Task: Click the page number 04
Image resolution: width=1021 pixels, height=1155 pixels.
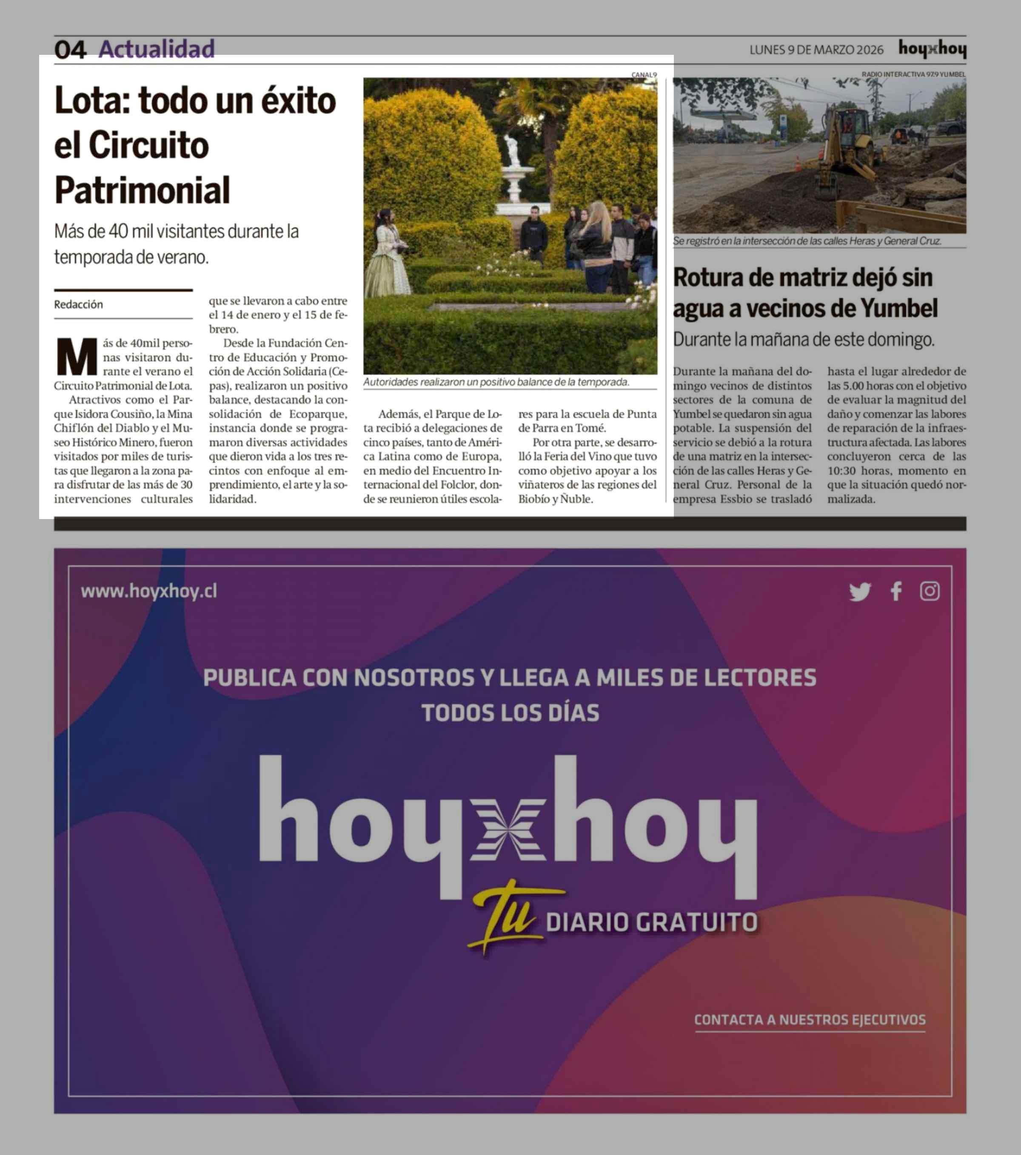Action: (x=70, y=50)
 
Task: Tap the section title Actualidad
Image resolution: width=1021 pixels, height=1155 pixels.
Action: (x=157, y=49)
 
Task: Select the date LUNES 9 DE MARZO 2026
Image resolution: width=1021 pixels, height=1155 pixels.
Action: (x=816, y=50)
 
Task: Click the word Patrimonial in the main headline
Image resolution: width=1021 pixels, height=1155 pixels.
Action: (x=142, y=190)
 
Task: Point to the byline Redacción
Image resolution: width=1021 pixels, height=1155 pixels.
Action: (x=79, y=304)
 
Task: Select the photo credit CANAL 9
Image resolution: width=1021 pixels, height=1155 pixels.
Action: (x=644, y=74)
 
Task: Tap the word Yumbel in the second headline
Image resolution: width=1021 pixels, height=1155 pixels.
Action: (x=898, y=309)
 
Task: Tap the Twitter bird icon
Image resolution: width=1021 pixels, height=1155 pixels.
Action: (x=860, y=592)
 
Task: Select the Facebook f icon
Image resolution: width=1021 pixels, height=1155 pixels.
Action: (x=896, y=592)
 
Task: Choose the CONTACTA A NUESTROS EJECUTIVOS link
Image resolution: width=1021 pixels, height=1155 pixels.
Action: (x=810, y=1019)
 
